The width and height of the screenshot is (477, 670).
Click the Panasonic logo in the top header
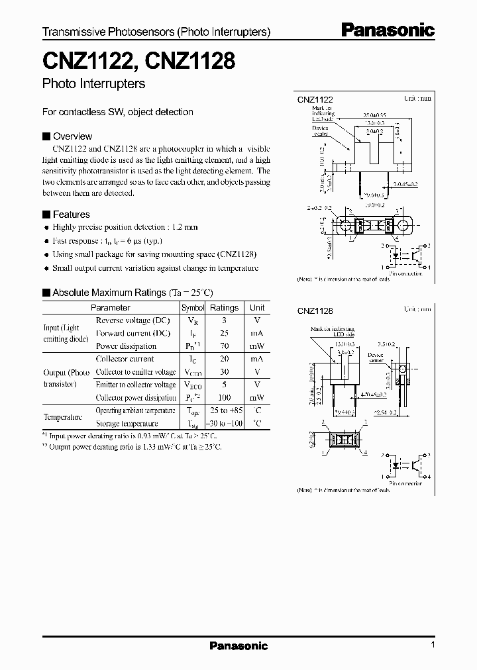tap(388, 30)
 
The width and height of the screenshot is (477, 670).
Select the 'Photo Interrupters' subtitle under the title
tap(93, 84)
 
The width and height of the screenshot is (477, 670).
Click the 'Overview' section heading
tap(72, 136)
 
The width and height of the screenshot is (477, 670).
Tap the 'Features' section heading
tap(71, 215)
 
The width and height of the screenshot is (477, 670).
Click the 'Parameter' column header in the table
tap(110, 308)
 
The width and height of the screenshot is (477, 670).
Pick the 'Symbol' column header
tap(193, 308)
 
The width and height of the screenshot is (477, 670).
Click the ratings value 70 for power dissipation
tap(224, 346)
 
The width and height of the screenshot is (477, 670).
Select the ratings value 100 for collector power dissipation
tap(224, 398)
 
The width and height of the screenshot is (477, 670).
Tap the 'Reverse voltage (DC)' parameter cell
tap(132, 320)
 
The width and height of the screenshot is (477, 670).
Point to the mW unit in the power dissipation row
tap(257, 346)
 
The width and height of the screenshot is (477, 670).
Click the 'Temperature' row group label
tap(63, 417)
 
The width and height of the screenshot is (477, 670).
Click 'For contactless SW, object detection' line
tap(117, 112)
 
